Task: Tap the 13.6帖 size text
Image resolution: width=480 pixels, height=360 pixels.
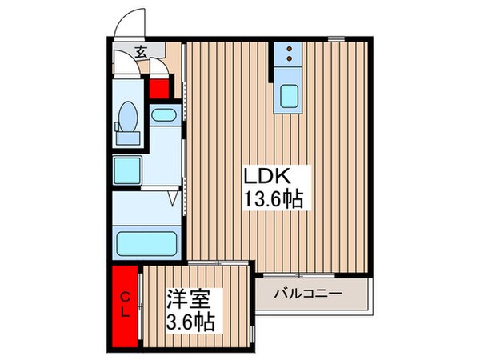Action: tap(274, 199)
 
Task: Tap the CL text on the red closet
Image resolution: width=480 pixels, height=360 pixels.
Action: tap(125, 307)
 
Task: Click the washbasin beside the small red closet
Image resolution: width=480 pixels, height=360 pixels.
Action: tap(164, 115)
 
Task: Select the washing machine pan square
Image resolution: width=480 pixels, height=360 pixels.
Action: tap(127, 170)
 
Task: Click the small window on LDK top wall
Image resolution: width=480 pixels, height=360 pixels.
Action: tap(336, 38)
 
